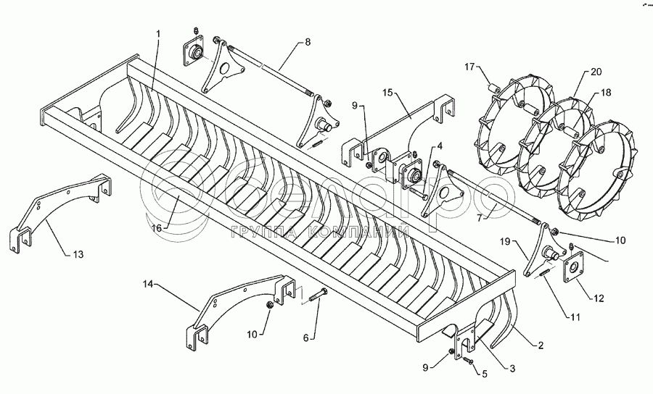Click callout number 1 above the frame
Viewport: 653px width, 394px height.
[x=159, y=33]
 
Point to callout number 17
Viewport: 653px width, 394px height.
[x=469, y=67]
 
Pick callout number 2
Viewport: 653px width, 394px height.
[x=540, y=345]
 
